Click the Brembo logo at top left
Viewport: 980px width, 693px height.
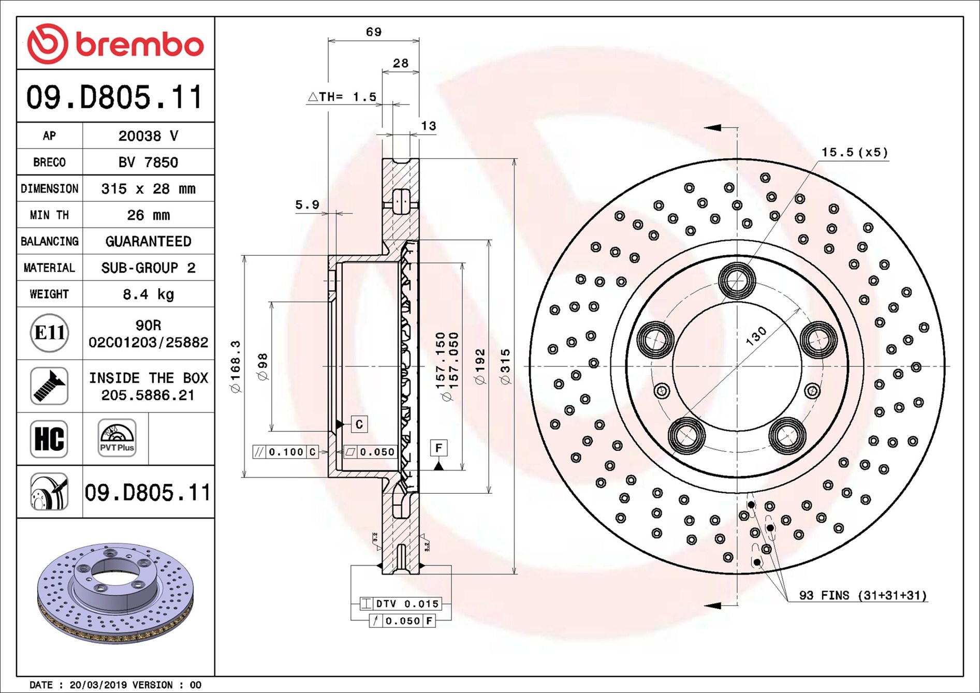tap(115, 43)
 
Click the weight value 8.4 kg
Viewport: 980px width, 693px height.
tap(148, 294)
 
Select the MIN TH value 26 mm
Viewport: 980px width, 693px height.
tap(148, 215)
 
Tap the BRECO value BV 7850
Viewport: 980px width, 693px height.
tap(148, 163)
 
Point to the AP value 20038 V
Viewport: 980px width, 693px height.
tap(148, 136)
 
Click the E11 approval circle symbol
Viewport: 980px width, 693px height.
tap(49, 333)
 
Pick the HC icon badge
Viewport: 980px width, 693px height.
tap(49, 439)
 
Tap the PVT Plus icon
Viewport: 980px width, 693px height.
tap(117, 438)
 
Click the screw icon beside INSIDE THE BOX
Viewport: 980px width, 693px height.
tap(49, 386)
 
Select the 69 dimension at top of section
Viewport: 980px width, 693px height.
tap(374, 32)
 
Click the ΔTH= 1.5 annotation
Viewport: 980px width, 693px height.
tap(342, 97)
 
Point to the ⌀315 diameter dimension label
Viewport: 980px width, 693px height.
tap(505, 366)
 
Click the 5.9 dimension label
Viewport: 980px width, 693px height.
tap(307, 205)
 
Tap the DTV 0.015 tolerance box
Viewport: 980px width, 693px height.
tap(400, 603)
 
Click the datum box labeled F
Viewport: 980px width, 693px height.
tap(438, 448)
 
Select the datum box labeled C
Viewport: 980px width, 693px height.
tap(359, 424)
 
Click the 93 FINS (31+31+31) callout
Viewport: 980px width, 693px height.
tap(862, 595)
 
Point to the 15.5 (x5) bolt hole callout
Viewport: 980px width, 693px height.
tap(855, 152)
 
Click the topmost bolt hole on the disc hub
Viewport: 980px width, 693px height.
tap(737, 281)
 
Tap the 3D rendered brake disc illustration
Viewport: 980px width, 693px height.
tap(115, 593)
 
